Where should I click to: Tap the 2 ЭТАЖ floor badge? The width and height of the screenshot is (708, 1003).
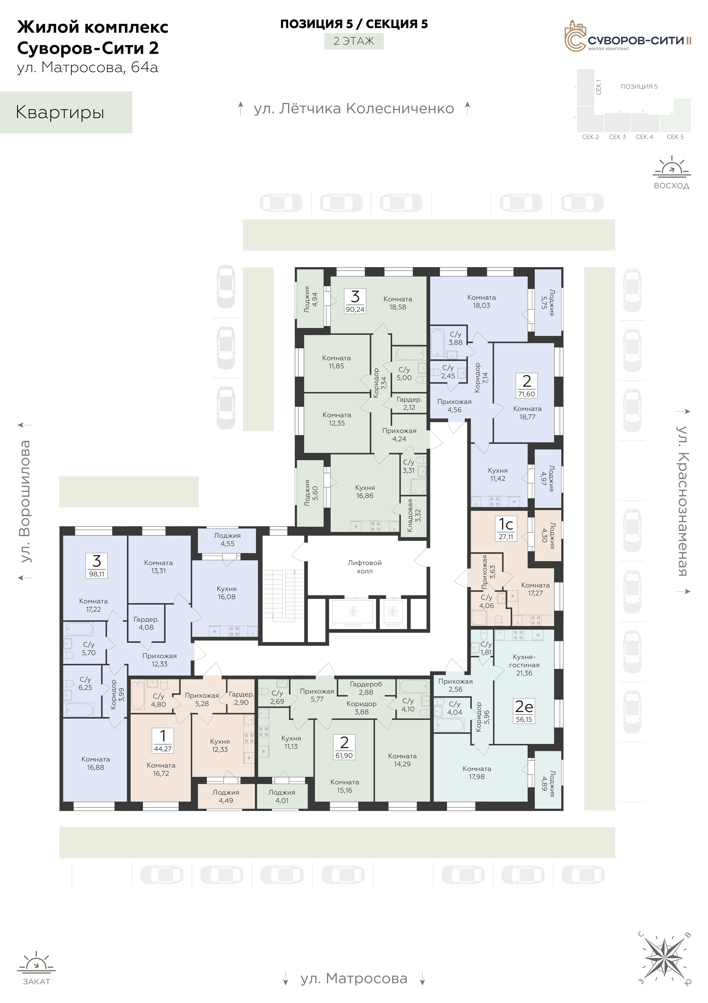tap(354, 41)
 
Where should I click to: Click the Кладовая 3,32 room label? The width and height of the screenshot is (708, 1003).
tap(414, 516)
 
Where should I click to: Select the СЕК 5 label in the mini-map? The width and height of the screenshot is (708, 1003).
tap(675, 137)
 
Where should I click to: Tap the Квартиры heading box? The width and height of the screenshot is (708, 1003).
tap(66, 112)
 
